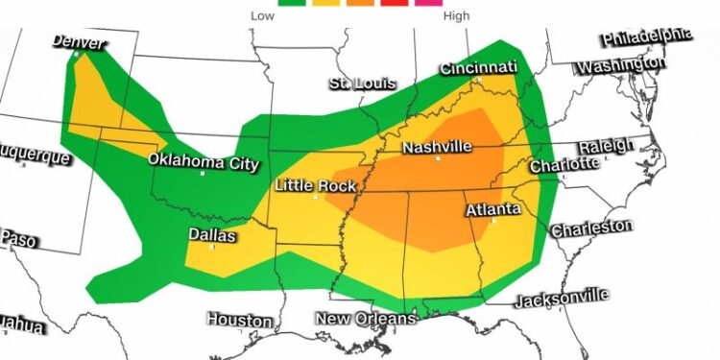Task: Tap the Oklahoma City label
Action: [204, 161]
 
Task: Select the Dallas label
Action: [212, 233]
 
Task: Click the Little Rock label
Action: [316, 184]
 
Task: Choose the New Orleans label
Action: [367, 318]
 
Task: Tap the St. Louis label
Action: [362, 83]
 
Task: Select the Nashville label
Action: [437, 147]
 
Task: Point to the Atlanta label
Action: [493, 208]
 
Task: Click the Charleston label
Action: [590, 228]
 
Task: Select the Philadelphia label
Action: [646, 36]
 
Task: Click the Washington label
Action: [621, 65]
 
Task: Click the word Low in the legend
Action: [261, 15]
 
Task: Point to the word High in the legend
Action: [456, 15]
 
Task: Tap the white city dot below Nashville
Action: [438, 158]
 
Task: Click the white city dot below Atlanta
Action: [493, 221]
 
